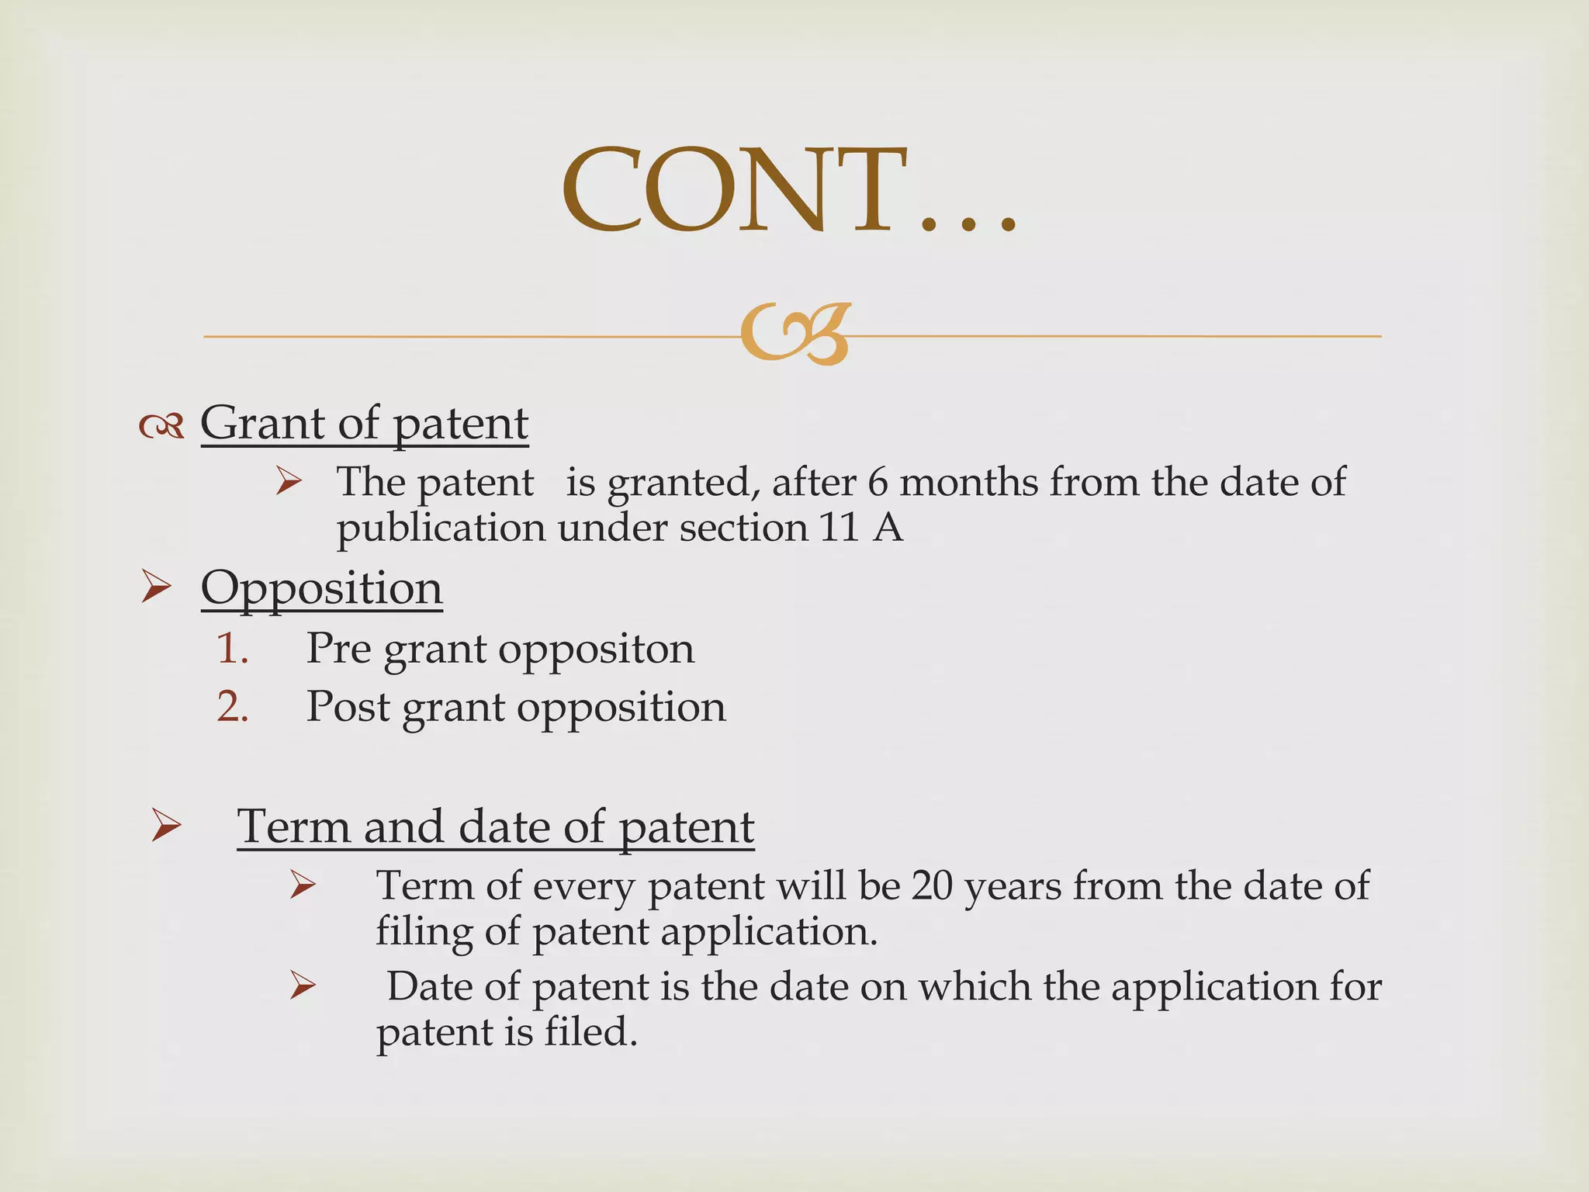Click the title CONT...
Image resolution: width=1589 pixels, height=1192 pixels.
click(788, 190)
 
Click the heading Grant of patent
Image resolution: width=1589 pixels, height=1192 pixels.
click(365, 424)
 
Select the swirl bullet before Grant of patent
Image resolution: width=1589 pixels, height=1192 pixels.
click(161, 425)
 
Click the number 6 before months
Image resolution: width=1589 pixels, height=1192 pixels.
click(878, 482)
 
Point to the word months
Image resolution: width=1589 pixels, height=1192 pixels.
click(968, 482)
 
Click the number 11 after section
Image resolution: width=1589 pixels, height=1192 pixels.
click(839, 528)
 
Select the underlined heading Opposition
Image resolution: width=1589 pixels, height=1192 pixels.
click(321, 588)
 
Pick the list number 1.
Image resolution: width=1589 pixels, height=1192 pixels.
click(232, 648)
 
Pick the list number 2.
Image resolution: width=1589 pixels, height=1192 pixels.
click(232, 707)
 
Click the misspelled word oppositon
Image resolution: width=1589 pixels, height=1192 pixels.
click(596, 650)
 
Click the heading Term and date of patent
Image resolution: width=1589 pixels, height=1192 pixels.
click(495, 826)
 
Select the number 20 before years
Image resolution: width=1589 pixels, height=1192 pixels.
click(931, 885)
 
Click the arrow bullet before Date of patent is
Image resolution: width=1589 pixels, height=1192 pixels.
click(302, 986)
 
